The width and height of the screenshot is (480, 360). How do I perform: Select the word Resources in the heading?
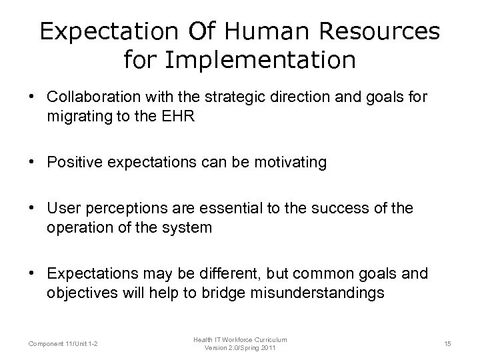click(381, 31)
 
